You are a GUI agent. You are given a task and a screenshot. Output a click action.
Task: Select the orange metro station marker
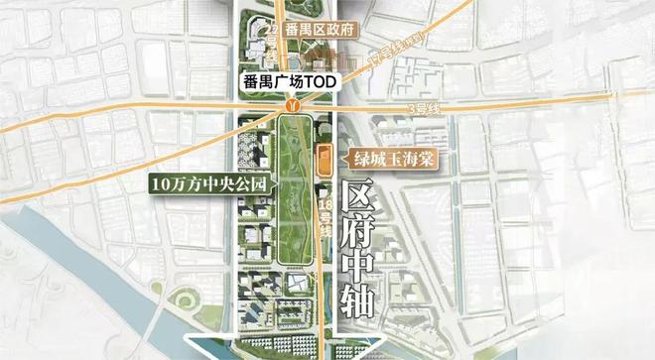291,104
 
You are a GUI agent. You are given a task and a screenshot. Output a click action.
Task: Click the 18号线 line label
324,218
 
